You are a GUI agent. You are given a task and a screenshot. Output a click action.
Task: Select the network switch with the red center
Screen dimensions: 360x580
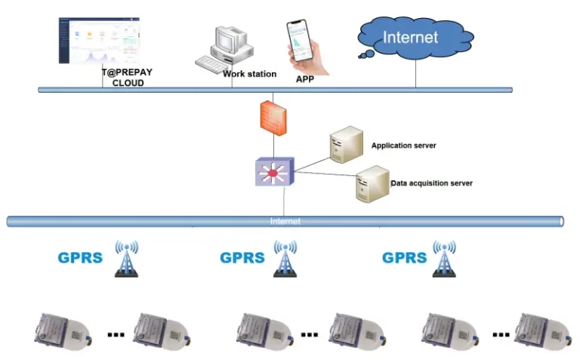point(273,173)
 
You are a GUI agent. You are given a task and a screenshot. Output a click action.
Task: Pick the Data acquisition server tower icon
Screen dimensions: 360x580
point(372,184)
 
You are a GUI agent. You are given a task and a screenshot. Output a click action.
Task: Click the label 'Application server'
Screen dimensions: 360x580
point(403,145)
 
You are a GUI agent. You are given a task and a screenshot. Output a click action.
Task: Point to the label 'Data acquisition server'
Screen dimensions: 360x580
point(431,183)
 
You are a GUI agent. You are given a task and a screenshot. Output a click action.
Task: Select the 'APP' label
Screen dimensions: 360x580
point(304,78)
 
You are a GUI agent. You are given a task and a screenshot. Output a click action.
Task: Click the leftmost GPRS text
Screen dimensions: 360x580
point(79,257)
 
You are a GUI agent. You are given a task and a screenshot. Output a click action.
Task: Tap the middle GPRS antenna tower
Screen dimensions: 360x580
point(285,260)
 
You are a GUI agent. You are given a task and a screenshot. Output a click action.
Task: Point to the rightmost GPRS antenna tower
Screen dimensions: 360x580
point(444,260)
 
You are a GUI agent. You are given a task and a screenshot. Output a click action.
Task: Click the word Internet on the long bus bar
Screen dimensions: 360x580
point(285,221)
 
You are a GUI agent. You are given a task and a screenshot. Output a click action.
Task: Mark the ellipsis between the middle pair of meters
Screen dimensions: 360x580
point(310,333)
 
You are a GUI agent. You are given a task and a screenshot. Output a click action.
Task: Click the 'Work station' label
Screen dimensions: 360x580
point(249,74)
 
